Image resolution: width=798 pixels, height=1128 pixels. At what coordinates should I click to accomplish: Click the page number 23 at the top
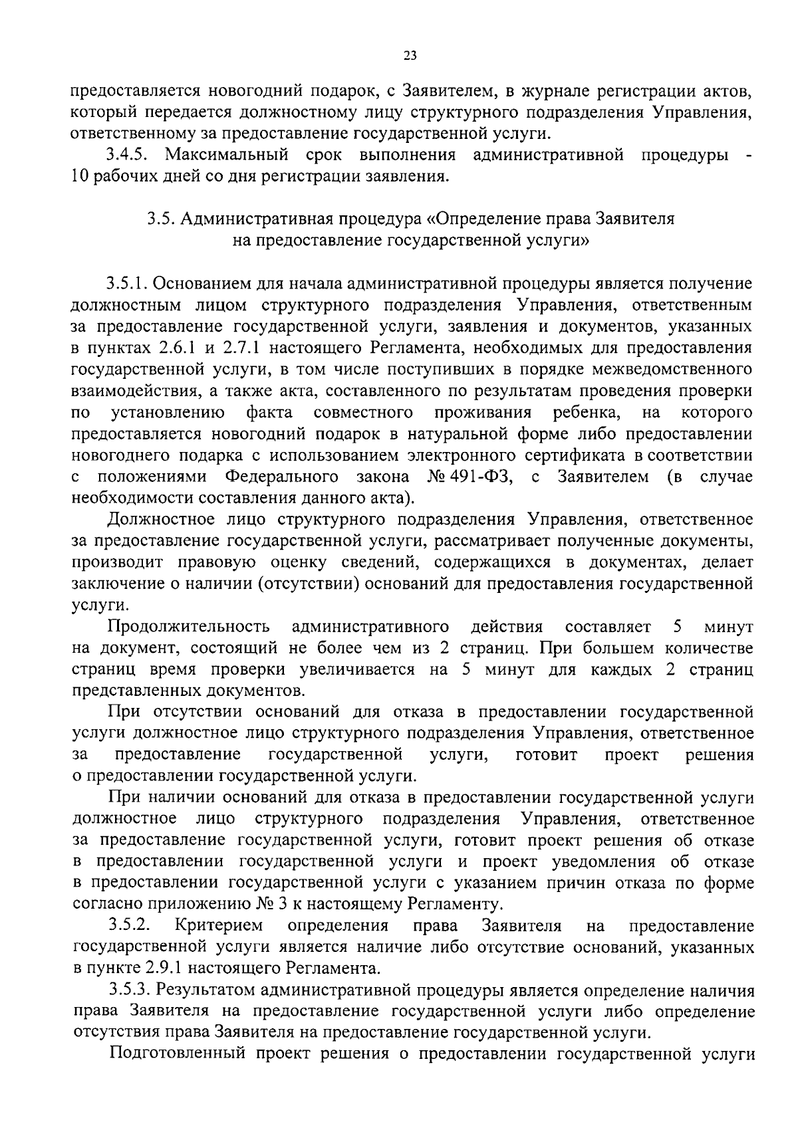410,56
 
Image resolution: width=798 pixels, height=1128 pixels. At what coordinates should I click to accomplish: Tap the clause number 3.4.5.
130,156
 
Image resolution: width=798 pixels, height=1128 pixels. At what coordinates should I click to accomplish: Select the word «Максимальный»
227,156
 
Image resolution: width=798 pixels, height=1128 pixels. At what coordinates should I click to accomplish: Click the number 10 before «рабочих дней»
80,177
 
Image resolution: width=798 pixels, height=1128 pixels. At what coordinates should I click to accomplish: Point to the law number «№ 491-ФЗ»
469,477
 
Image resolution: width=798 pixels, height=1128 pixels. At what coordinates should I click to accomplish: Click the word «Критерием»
219,926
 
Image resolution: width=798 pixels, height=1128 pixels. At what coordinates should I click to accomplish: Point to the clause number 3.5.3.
130,990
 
